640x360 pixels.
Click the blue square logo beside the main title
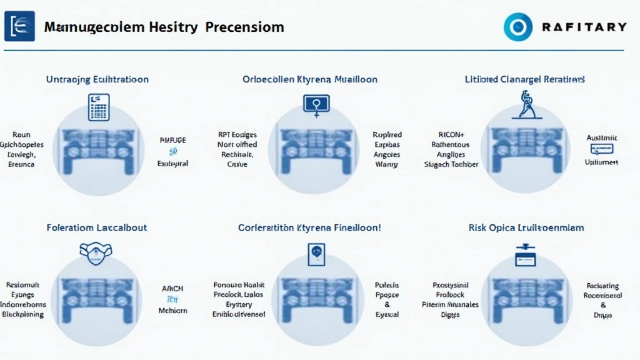19,26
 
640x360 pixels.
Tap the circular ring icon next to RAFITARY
518,27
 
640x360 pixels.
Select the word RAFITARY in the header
584,27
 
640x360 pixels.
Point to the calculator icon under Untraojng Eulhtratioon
99,107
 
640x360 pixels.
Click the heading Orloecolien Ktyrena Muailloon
310,79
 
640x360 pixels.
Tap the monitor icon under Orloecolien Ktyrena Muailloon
316,104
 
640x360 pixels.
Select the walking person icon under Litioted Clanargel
527,104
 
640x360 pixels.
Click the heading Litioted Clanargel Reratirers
525,79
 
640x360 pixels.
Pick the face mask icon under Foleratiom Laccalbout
97,251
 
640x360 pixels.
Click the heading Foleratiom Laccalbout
97,227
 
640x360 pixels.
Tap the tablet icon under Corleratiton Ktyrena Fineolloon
317,254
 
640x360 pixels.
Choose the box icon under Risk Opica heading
526,254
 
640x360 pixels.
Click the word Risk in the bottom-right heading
479,227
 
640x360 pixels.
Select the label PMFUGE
173,141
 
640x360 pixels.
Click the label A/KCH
173,289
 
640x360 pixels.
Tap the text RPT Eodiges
233,134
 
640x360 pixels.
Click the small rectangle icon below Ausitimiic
602,149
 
